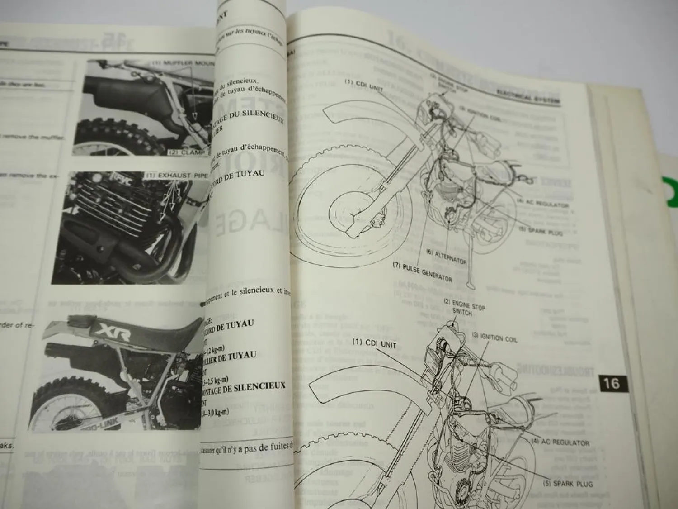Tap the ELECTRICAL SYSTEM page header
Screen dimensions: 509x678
click(x=528, y=92)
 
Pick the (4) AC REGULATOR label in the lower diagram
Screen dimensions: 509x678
click(x=560, y=442)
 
